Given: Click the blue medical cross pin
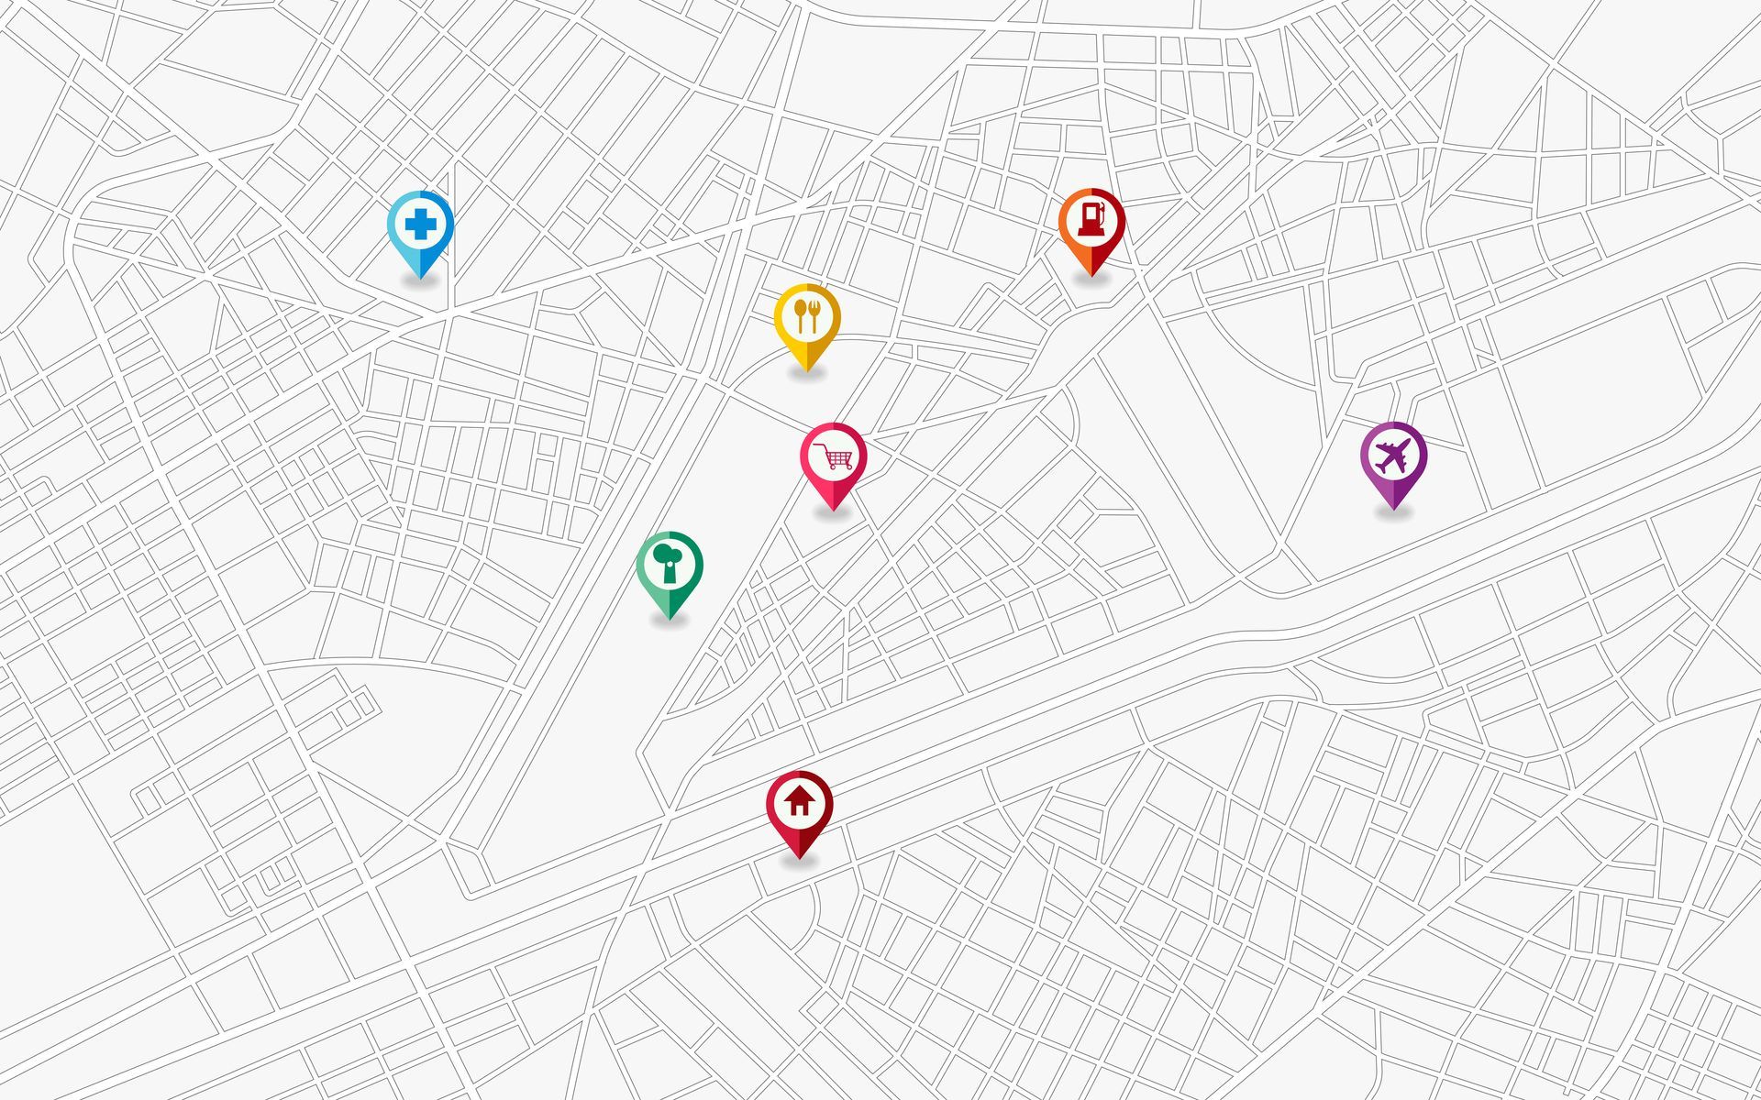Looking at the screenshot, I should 420,227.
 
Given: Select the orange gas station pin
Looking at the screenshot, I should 1091,225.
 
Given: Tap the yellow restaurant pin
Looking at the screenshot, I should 807,320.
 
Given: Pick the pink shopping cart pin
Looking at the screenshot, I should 833,459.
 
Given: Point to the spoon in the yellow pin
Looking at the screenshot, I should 800,314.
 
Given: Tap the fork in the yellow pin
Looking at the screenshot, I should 814,314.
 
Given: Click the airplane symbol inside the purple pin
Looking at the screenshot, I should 1393,456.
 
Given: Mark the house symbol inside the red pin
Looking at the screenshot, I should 799,802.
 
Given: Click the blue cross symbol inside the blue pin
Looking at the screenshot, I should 420,224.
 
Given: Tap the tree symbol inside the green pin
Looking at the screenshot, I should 668,562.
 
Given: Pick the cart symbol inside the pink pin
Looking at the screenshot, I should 835,456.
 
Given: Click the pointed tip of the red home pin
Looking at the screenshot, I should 799,858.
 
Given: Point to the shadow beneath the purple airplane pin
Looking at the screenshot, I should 1393,513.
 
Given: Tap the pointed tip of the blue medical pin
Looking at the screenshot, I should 420,277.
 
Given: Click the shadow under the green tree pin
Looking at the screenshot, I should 670,622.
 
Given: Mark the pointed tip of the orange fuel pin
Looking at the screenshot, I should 1091,275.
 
